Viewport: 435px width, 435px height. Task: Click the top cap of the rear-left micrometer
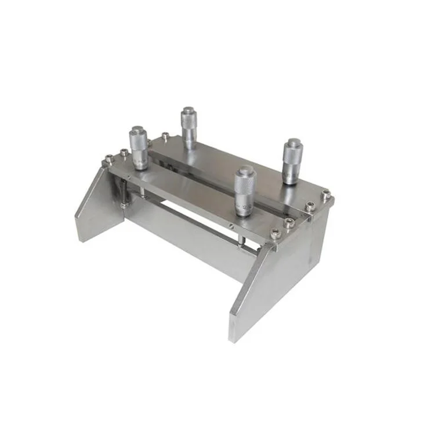pyautogui.click(x=188, y=110)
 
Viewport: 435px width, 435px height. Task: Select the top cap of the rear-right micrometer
pyautogui.click(x=293, y=142)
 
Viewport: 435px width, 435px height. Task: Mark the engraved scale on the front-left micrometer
pyautogui.click(x=139, y=159)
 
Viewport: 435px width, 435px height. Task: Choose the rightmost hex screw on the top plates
pyautogui.click(x=327, y=194)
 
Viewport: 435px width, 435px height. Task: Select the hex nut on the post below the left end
pyautogui.click(x=124, y=204)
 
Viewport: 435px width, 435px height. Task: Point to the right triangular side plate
pyautogui.click(x=273, y=284)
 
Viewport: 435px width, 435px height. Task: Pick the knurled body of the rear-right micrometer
pyautogui.click(x=292, y=159)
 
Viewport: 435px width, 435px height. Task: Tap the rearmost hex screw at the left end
pyautogui.click(x=166, y=136)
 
